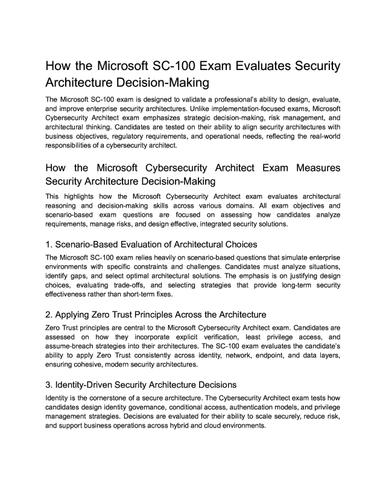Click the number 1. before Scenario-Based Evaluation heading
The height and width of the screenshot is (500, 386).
[49, 245]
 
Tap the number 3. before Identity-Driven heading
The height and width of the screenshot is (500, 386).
[49, 384]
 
